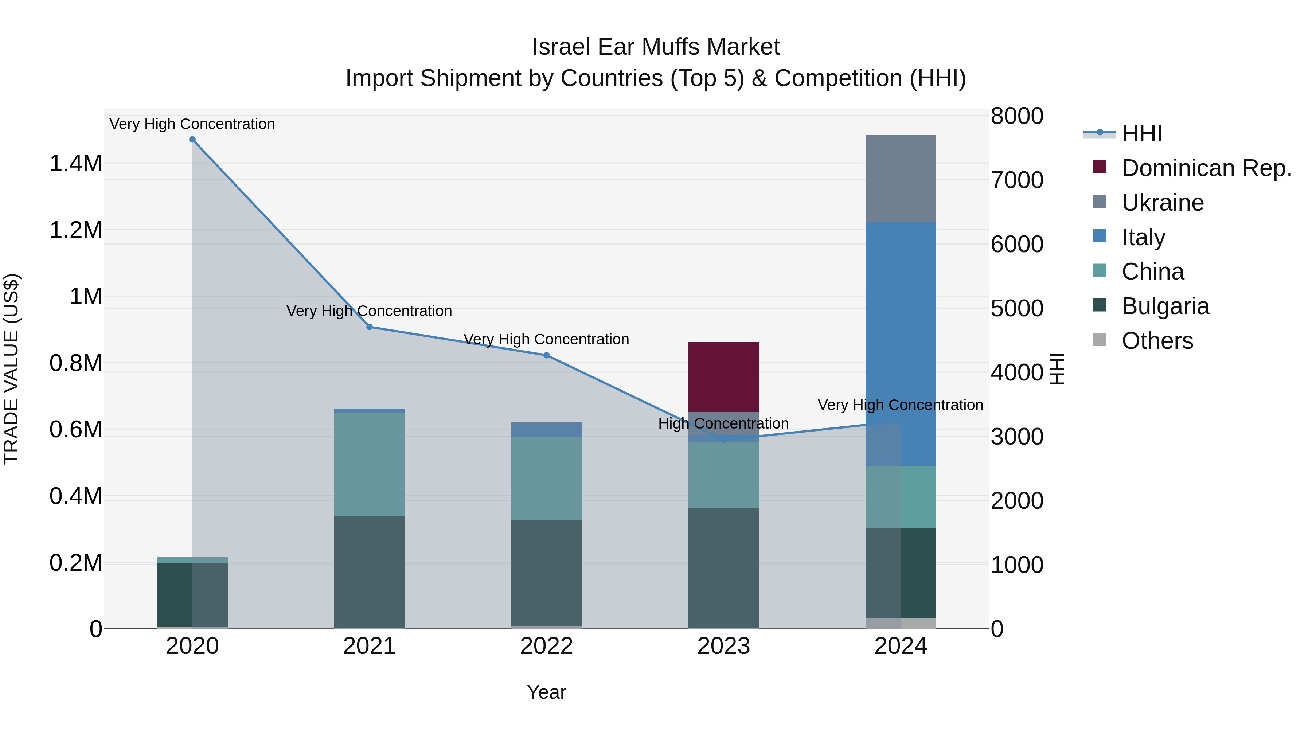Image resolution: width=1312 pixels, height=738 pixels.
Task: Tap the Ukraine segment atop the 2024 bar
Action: [x=901, y=178]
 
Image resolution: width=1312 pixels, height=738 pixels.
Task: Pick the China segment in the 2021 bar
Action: [x=369, y=464]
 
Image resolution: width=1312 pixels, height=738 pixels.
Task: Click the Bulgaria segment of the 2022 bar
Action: [x=547, y=573]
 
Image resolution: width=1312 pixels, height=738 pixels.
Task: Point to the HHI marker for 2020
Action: [x=192, y=140]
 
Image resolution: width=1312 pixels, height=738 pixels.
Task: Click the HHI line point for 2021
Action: [x=370, y=327]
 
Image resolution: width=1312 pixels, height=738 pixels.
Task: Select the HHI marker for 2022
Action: [x=547, y=355]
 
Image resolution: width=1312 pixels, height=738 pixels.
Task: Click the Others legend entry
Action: [x=1157, y=341]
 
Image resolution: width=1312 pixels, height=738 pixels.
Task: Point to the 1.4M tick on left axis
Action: [x=75, y=164]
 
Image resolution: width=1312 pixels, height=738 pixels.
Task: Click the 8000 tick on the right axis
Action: [x=1016, y=116]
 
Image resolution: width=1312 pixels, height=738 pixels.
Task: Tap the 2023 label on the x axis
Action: [x=723, y=646]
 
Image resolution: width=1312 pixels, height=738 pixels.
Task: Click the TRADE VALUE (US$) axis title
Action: [x=11, y=369]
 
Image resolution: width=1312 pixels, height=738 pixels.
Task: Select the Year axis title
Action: [x=547, y=692]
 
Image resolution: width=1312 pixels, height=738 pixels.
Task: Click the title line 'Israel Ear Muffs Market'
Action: [x=656, y=47]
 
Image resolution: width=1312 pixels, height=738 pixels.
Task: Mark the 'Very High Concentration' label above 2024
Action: [x=901, y=405]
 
